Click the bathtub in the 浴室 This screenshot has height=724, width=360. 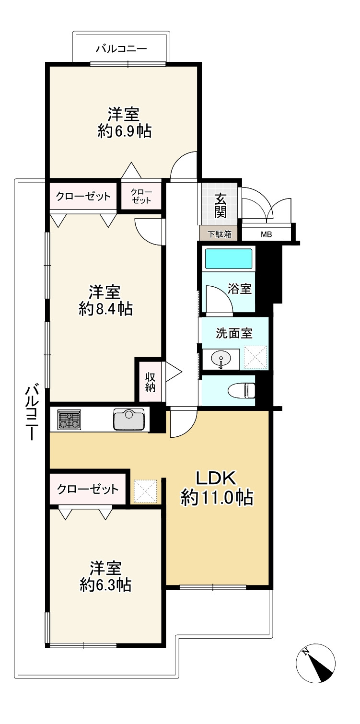(229, 258)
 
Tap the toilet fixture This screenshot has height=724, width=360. (242, 390)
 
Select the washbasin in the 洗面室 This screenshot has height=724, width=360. (221, 359)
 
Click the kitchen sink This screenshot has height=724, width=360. (129, 419)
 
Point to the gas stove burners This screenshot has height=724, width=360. (69, 420)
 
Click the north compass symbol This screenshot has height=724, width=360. (316, 663)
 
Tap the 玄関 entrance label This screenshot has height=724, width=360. (221, 205)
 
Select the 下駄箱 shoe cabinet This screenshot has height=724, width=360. (220, 234)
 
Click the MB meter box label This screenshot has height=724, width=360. (266, 234)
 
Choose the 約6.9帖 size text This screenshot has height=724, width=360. (125, 131)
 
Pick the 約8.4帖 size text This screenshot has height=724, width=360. (105, 309)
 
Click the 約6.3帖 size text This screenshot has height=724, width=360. (105, 585)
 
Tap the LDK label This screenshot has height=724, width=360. (217, 479)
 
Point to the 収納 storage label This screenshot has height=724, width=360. (150, 382)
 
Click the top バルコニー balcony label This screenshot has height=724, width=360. (121, 49)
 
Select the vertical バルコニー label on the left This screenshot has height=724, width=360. (32, 411)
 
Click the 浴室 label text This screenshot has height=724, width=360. (240, 288)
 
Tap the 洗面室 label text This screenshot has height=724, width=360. (234, 333)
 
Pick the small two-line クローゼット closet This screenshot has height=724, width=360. (141, 196)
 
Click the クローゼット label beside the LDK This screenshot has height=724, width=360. (88, 489)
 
